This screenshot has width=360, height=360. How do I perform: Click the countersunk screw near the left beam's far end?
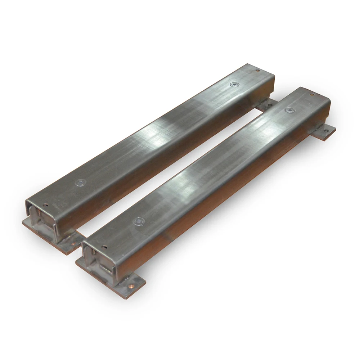pyautogui.click(x=234, y=85)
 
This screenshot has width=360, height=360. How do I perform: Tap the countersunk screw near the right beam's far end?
pyautogui.click(x=288, y=110)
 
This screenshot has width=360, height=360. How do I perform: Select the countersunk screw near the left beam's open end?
pyautogui.click(x=80, y=183)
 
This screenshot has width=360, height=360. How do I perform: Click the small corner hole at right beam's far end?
pyautogui.click(x=312, y=95)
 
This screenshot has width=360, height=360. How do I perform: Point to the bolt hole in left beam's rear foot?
pyautogui.click(x=267, y=105)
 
